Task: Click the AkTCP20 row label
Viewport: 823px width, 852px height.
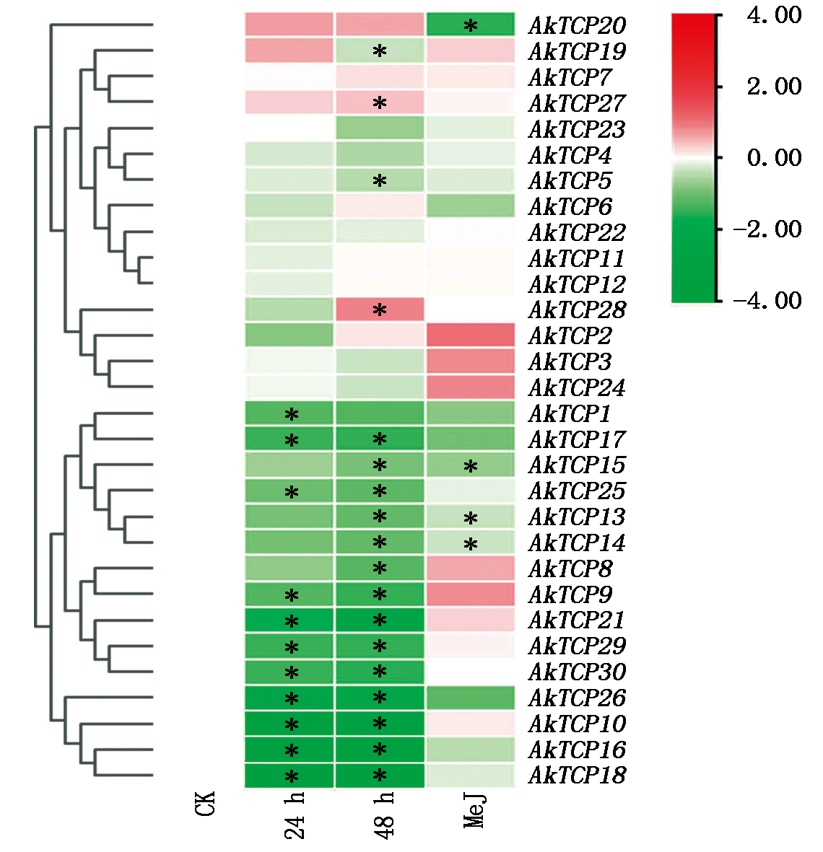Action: click(577, 25)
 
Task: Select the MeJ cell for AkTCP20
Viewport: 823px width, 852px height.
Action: click(471, 25)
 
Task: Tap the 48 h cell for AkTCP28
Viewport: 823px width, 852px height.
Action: click(380, 309)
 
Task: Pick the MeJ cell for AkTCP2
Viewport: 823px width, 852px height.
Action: click(471, 335)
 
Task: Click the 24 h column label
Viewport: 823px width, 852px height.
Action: click(295, 816)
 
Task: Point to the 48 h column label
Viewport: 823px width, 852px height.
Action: click(384, 816)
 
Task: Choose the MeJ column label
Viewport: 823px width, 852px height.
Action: click(475, 810)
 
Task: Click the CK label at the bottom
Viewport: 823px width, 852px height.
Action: click(205, 804)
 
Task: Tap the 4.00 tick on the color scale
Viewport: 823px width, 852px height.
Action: click(774, 15)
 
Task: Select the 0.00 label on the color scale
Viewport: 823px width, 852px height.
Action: click(774, 157)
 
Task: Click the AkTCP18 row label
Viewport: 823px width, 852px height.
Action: click(577, 776)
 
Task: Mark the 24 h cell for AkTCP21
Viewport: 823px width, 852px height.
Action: click(289, 620)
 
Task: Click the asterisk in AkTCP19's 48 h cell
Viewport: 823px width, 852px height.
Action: click(380, 51)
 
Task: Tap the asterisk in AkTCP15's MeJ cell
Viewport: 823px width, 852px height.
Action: click(471, 467)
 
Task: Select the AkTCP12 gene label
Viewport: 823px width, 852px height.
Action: click(577, 284)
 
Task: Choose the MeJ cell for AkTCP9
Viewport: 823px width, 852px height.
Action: click(471, 594)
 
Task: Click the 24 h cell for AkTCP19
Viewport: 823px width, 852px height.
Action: click(289, 50)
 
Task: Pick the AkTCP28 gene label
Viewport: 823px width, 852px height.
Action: click(577, 310)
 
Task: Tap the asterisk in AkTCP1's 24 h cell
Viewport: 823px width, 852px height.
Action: click(292, 415)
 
